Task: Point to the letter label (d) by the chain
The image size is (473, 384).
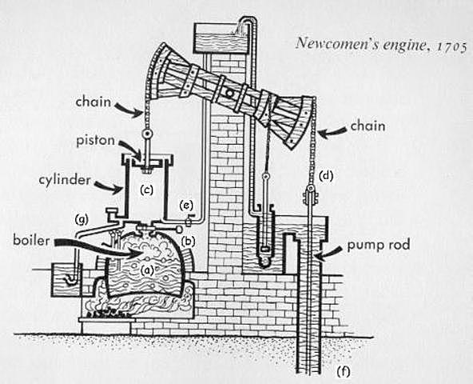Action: [325, 174]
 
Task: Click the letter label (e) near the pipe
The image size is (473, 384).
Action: [185, 205]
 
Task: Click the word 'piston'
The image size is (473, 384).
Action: [94, 139]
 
